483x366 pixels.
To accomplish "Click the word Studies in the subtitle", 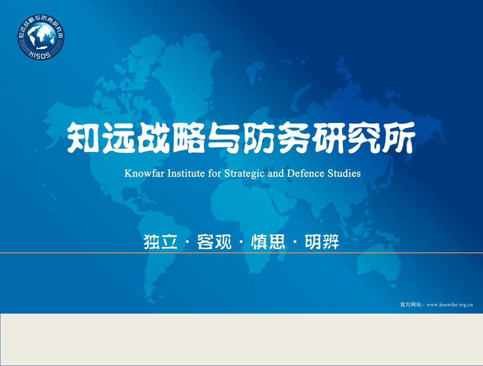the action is point(344,173).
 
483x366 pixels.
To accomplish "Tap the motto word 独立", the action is point(160,242).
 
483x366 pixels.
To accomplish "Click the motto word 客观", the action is point(214,242).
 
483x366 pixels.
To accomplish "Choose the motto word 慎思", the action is point(268,242).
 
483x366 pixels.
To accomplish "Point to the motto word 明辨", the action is point(322,242).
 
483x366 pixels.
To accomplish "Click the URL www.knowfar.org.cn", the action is point(449,305).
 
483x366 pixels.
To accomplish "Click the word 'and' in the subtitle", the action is point(276,173).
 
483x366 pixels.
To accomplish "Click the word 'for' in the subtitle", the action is point(214,173).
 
